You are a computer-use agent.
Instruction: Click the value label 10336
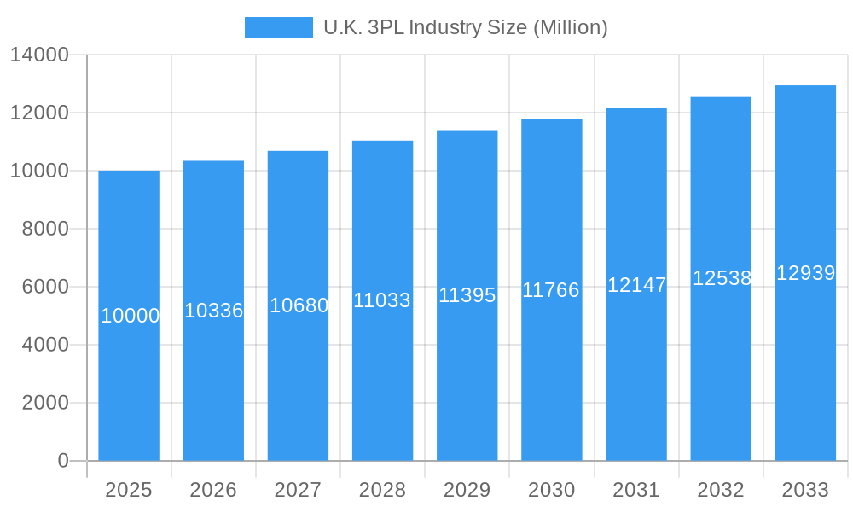click(214, 311)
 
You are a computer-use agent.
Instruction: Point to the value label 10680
click(299, 305)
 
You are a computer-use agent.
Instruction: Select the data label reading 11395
click(467, 295)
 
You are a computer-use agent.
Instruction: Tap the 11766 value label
click(551, 290)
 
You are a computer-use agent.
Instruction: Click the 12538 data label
click(722, 278)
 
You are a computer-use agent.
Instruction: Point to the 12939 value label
click(805, 273)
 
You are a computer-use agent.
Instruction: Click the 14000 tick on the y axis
click(39, 55)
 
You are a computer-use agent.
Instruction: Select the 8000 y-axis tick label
click(45, 229)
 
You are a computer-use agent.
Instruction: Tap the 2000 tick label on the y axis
click(45, 403)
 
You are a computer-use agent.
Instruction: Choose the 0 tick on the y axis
click(63, 461)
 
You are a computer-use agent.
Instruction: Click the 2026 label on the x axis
click(213, 490)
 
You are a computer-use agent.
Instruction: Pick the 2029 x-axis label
click(467, 490)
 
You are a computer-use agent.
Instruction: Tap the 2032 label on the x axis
click(721, 490)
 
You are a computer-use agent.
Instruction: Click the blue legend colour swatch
click(279, 27)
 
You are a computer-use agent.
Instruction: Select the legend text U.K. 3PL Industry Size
click(465, 27)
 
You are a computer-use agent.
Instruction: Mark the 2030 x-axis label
click(552, 490)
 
